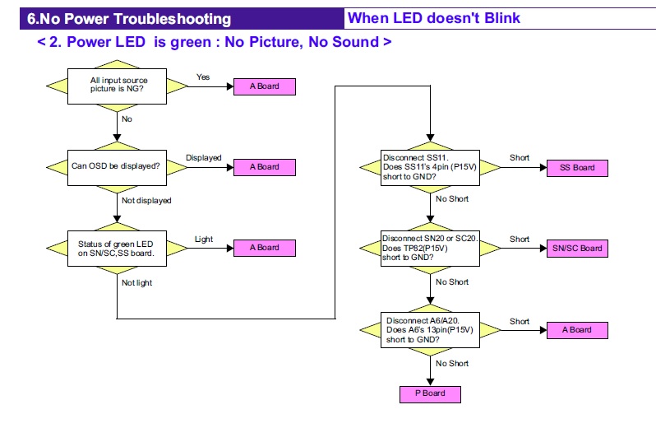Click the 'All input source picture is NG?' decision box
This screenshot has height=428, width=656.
point(117,86)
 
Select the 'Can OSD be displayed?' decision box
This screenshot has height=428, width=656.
point(117,166)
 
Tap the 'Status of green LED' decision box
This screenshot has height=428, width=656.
point(117,248)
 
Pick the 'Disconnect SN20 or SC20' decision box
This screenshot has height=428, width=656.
point(430,248)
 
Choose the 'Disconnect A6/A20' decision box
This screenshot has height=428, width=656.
point(430,329)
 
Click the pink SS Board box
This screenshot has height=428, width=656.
point(577,168)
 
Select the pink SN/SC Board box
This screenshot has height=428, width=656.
point(577,249)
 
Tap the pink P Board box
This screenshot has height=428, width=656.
point(430,393)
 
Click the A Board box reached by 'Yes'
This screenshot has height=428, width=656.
point(265,86)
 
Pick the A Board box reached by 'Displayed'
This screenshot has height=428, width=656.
point(265,167)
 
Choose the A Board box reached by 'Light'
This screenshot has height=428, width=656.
point(265,248)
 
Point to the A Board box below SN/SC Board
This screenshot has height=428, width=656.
point(577,330)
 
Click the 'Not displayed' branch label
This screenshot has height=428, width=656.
point(146,200)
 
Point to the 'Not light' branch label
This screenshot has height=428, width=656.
point(137,282)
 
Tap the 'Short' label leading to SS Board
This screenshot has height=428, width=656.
point(520,158)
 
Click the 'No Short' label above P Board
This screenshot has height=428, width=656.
point(452,363)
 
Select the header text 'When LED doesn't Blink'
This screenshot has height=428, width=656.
point(433,18)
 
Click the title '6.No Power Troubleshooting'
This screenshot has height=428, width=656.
point(129,19)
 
